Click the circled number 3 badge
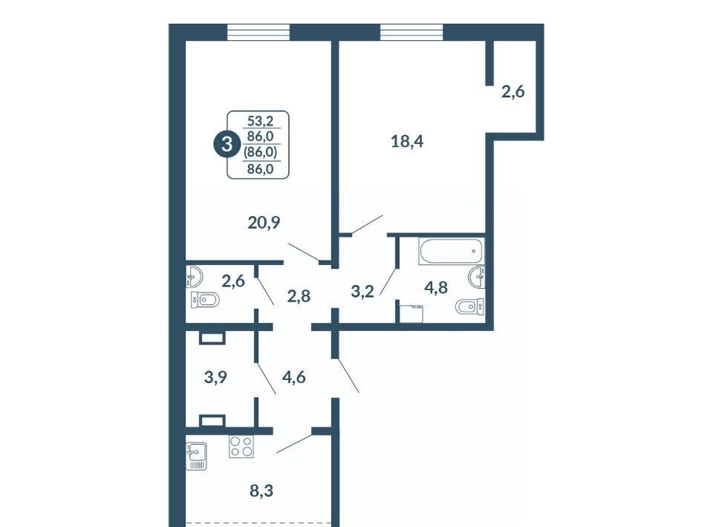coord(226,145)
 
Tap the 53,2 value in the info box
coord(260,121)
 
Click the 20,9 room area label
coord(264,223)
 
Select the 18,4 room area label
coord(407,142)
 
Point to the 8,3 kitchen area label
coord(261,491)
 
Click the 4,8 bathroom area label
coord(436,287)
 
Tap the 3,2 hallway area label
coord(362,291)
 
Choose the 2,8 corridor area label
coord(299,296)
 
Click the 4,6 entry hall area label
coord(294,377)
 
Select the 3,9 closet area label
coord(215,377)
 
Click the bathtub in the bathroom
coord(451,251)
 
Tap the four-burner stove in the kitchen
coord(241,446)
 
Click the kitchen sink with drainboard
coord(196,456)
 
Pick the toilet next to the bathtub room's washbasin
coord(469,307)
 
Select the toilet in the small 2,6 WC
coord(205,300)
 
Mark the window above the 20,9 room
coord(258,32)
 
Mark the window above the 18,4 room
coord(411,32)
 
